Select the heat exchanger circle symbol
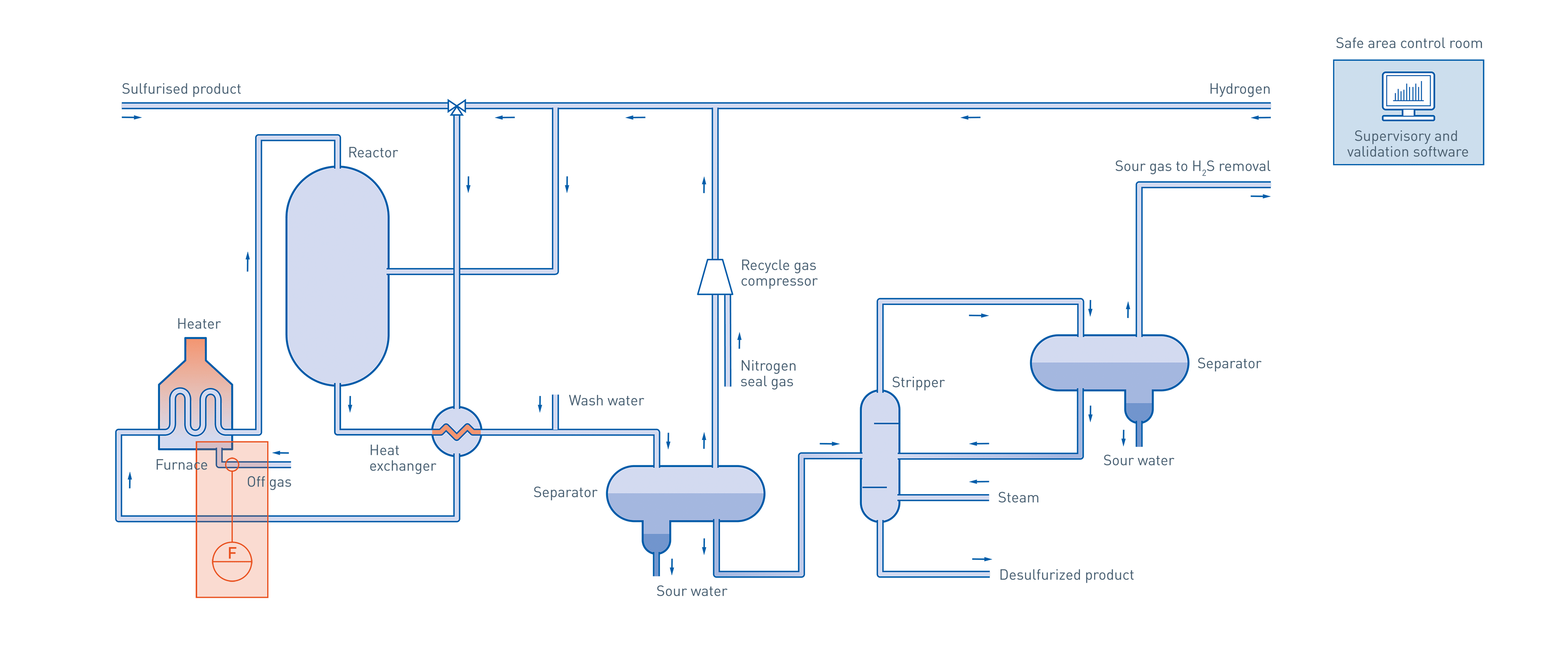(456, 431)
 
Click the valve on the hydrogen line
(456, 107)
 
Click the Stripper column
(880, 456)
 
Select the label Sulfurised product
(181, 89)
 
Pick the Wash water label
(606, 401)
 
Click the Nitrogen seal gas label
(768, 374)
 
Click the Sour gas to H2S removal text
(1192, 166)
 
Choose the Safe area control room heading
(1408, 43)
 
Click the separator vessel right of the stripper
(1109, 363)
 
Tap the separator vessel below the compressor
(685, 493)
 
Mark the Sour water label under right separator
(1138, 460)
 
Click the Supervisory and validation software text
(1407, 144)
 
